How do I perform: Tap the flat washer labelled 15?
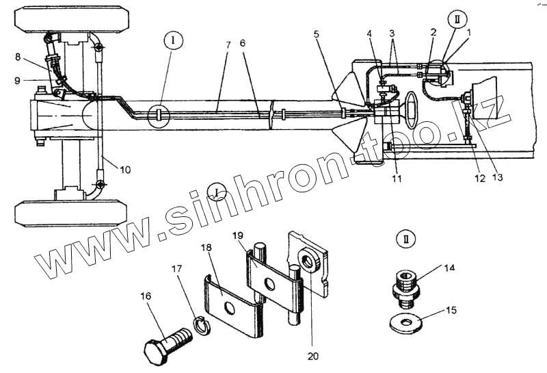(x=408, y=322)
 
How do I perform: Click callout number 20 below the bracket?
(x=313, y=356)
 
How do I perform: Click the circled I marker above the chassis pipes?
(x=174, y=41)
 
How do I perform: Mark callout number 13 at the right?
(x=497, y=178)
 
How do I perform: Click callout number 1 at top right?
(x=468, y=32)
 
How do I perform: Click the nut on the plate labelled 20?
(x=306, y=261)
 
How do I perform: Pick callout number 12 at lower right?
(x=479, y=179)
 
